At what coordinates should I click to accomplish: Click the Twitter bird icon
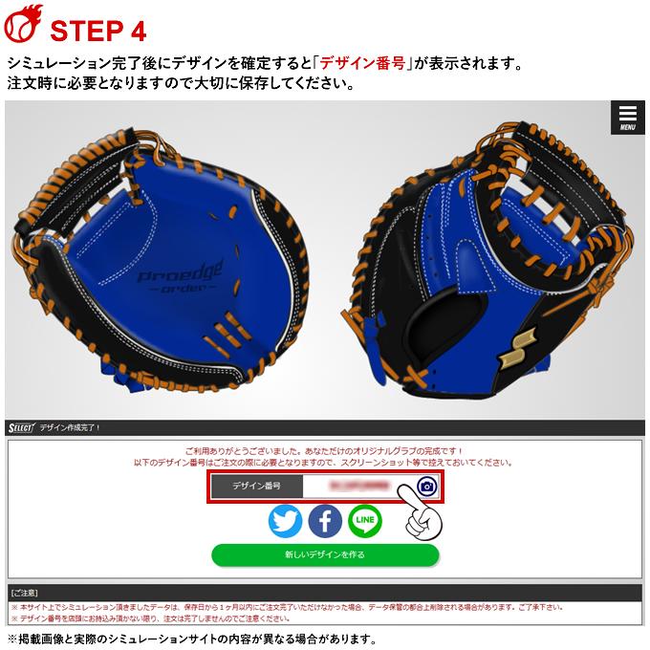coord(285,521)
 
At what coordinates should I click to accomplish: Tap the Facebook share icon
coord(325,521)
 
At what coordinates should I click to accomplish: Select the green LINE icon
coord(365,521)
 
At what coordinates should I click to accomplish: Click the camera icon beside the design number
coord(426,487)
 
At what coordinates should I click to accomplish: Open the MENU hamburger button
coord(627,117)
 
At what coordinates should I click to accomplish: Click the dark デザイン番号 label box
coord(256,487)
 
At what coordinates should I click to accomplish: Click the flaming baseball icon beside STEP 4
coord(22,26)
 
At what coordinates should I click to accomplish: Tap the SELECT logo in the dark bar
coord(20,426)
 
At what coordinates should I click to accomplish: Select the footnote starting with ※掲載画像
coord(191,639)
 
